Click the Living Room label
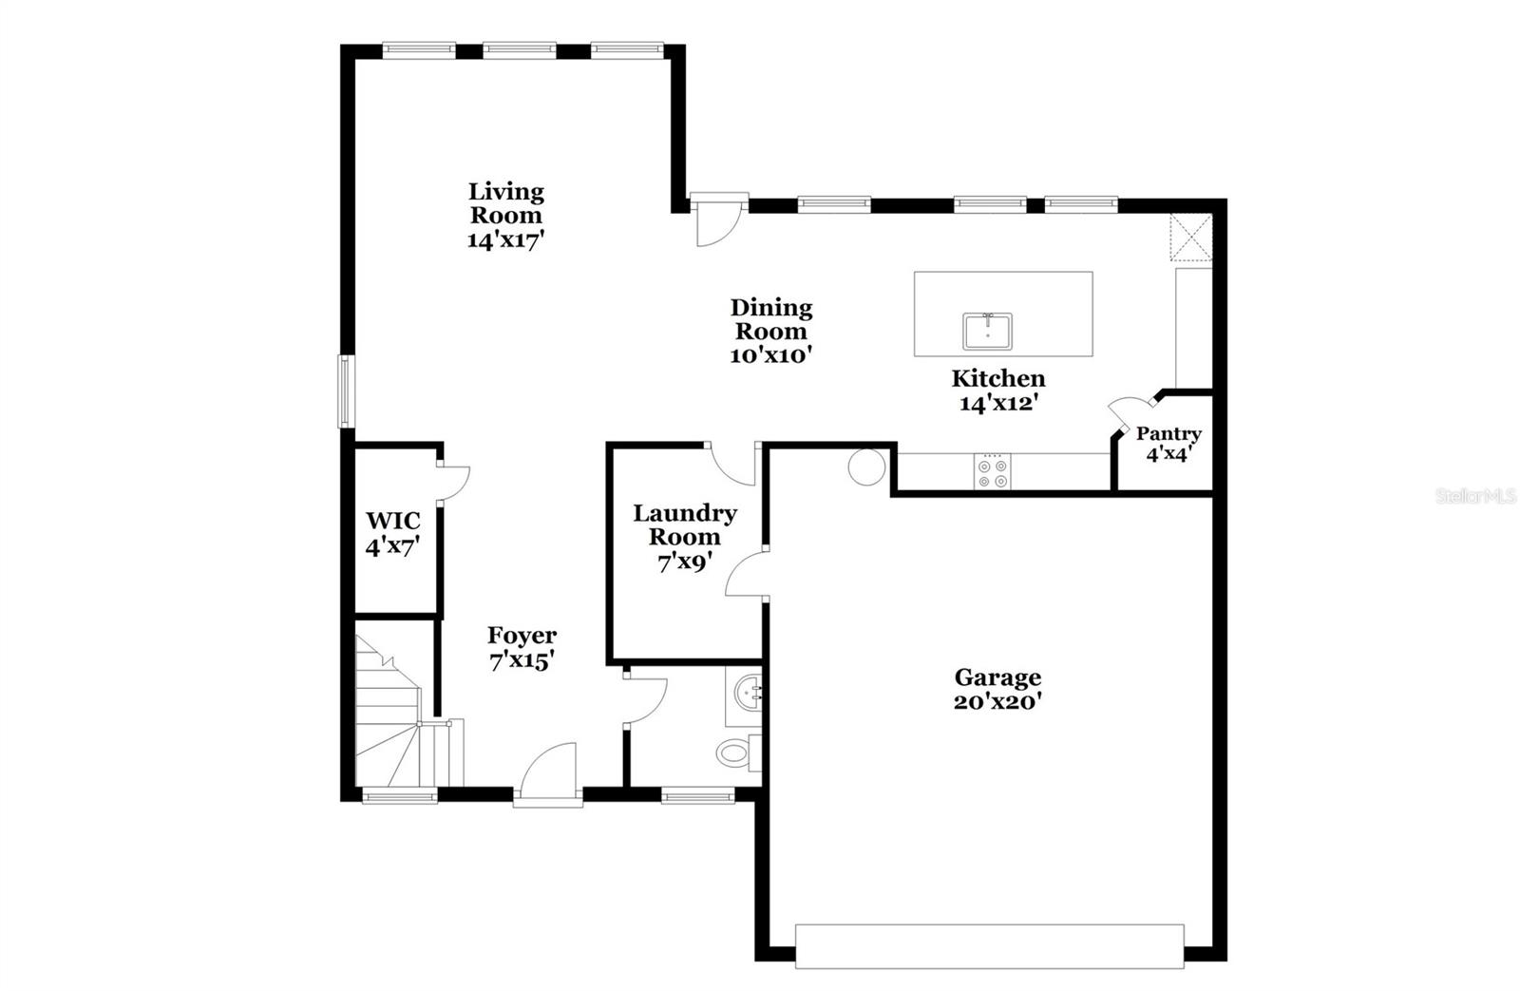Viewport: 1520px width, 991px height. pyautogui.click(x=505, y=215)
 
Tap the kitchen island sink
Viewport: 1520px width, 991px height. pyautogui.click(x=987, y=332)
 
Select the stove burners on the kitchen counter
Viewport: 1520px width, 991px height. pyautogui.click(x=993, y=473)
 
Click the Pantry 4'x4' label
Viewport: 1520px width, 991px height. pyautogui.click(x=1168, y=443)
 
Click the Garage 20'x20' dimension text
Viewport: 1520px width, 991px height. pyautogui.click(x=997, y=701)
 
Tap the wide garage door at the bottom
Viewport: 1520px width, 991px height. pyautogui.click(x=989, y=945)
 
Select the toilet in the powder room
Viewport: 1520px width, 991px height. pyautogui.click(x=735, y=753)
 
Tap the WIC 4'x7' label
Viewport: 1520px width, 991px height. pyautogui.click(x=393, y=533)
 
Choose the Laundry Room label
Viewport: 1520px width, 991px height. pyautogui.click(x=685, y=537)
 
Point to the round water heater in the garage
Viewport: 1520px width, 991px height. pyautogui.click(x=866, y=467)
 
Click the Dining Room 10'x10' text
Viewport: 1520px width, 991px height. pyautogui.click(x=771, y=331)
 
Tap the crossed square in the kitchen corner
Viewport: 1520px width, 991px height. pyautogui.click(x=1191, y=236)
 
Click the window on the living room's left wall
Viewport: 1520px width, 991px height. pyautogui.click(x=346, y=391)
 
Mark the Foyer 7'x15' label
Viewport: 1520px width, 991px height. pyautogui.click(x=522, y=647)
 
